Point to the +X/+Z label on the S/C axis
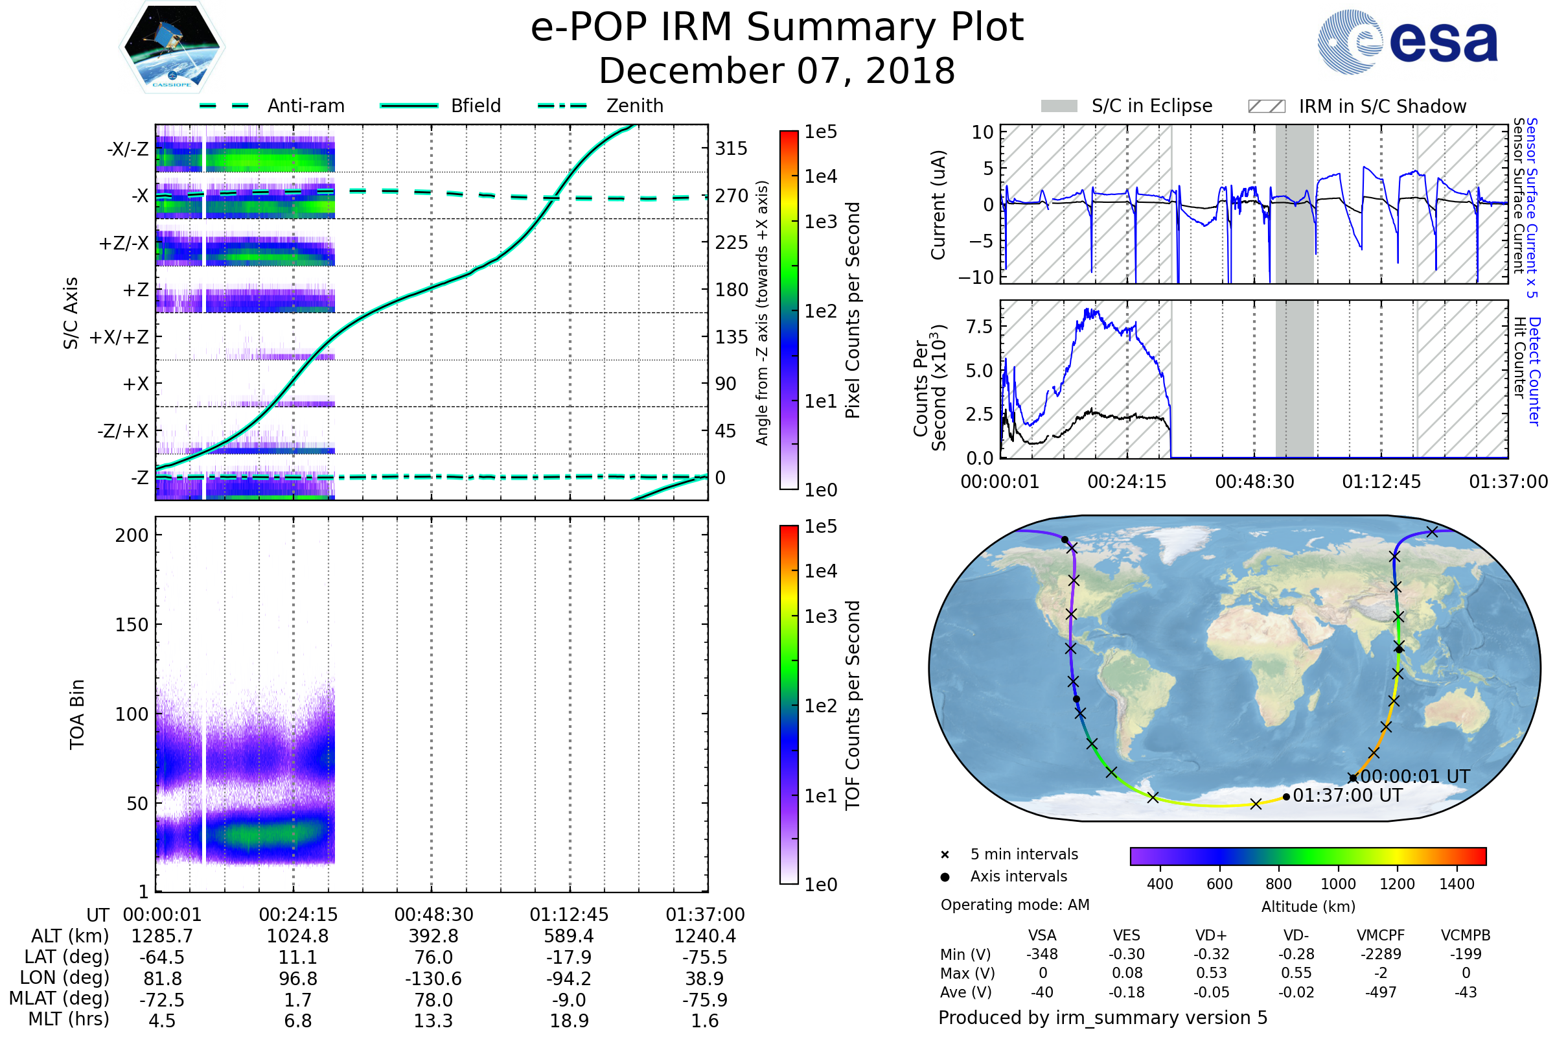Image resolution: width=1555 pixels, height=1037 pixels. click(119, 337)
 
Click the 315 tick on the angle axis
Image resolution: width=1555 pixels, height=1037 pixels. click(731, 148)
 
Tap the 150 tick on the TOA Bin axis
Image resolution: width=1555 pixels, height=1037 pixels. click(132, 624)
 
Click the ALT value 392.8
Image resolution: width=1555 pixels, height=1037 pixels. click(433, 936)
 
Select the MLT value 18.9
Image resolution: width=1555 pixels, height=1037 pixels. click(570, 1020)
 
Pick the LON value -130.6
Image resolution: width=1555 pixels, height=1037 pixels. click(433, 978)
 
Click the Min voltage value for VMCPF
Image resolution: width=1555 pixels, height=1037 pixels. click(1381, 953)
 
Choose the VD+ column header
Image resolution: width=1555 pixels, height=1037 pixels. click(1211, 935)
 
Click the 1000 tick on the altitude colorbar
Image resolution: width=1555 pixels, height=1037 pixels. click(1338, 884)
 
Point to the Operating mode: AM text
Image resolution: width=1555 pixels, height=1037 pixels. click(1015, 905)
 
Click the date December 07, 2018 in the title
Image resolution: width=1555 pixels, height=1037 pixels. click(777, 71)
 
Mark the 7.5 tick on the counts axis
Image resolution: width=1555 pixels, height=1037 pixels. click(979, 326)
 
